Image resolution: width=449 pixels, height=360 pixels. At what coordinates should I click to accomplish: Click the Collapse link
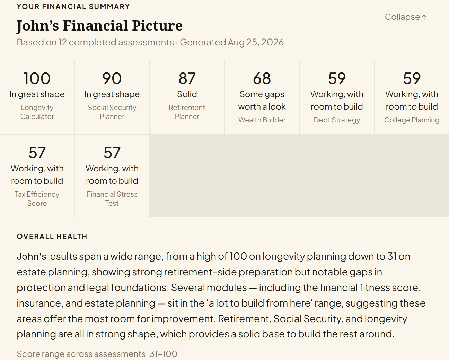pos(406,17)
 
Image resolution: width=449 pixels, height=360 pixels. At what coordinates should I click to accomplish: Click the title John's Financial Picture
pos(99,26)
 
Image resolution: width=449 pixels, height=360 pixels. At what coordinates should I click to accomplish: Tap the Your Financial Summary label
pos(73,7)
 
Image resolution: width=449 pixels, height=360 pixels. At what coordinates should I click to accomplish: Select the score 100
pos(37,78)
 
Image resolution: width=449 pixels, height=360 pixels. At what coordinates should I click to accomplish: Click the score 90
pos(112,78)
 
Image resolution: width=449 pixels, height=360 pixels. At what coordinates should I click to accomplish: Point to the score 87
pos(187,78)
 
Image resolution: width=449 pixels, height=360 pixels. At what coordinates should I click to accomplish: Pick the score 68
pos(262,78)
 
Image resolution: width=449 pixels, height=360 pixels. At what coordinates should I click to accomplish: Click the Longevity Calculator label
pos(37,112)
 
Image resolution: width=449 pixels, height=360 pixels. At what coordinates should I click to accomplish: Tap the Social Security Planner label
pos(112,112)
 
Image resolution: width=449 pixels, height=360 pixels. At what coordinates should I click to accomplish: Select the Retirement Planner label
pos(187,112)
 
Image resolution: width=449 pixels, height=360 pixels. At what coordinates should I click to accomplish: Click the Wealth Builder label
pos(262,120)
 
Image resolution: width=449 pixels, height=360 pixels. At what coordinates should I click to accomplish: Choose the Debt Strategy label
pos(337,120)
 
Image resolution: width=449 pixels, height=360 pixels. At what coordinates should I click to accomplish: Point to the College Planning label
pos(412,120)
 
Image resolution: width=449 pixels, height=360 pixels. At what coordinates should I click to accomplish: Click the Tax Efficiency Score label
pos(37,199)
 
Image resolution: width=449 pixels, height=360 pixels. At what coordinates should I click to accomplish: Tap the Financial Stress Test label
pos(112,199)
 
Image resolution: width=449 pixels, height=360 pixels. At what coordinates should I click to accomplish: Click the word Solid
pos(187,94)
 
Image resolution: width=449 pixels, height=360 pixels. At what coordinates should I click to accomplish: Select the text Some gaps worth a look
pos(262,101)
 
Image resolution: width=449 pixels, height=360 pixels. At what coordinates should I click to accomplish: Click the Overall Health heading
pos(52,237)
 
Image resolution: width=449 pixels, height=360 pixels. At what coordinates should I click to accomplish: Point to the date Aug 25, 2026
pos(256,42)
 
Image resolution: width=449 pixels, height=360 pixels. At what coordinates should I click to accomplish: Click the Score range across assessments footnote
pos(97,354)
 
